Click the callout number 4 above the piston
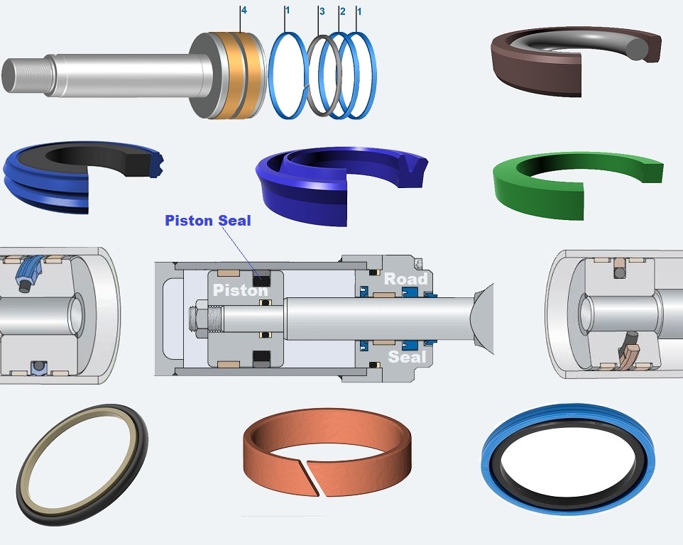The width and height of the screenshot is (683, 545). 244,10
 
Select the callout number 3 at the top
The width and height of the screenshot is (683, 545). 322,11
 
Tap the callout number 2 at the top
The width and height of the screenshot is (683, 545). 342,11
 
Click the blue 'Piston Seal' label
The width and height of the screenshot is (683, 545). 208,220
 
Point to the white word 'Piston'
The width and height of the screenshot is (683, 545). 240,290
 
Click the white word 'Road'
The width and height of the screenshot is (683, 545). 405,279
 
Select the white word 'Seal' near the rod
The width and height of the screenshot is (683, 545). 407,356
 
